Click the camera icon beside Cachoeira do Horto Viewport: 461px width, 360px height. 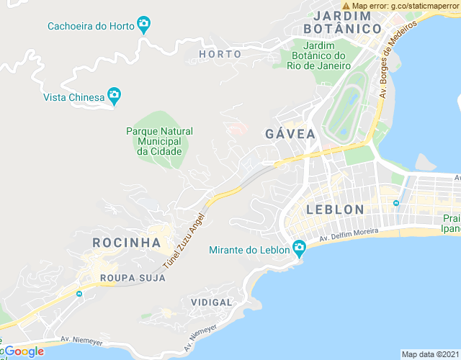pos(143,25)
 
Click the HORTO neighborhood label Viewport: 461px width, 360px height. pos(220,54)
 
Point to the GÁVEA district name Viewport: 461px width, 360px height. pos(290,134)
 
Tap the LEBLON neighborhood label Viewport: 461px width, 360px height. pos(335,210)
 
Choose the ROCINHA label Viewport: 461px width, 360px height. pos(126,243)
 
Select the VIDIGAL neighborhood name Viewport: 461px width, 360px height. pos(212,302)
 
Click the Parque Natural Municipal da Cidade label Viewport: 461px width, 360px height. pos(159,141)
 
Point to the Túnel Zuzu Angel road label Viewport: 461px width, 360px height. pos(184,240)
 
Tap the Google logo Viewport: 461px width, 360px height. pos(23,351)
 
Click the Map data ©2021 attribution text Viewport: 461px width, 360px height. pos(429,354)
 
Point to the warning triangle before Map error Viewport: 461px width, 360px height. pos(346,6)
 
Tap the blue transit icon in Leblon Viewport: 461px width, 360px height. pos(395,203)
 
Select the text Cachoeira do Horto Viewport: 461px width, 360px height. pos(91,26)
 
